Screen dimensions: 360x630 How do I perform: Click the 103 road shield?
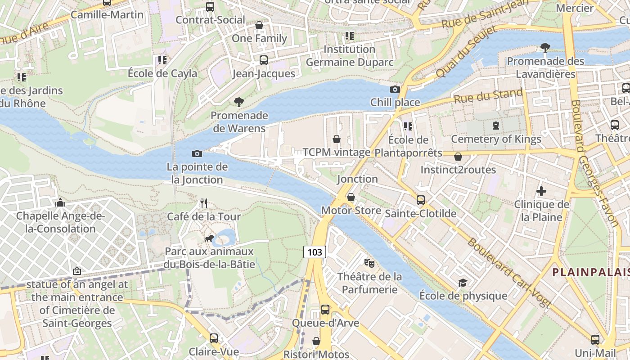click(315, 252)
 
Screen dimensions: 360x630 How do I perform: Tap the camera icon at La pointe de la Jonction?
click(197, 154)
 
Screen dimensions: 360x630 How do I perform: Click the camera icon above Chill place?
click(395, 89)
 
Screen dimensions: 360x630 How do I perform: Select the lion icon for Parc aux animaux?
click(209, 238)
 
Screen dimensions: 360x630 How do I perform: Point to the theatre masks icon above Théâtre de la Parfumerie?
click(369, 262)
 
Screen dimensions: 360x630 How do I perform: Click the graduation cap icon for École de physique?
click(463, 283)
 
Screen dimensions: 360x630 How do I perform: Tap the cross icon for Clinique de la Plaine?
click(541, 191)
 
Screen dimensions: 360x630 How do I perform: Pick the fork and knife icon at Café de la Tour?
click(204, 203)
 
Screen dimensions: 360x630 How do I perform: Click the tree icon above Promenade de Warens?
click(238, 102)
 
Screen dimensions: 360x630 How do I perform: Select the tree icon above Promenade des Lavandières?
click(545, 47)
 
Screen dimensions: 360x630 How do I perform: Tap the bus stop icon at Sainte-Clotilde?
click(420, 200)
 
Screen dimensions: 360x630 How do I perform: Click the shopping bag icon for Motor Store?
click(351, 197)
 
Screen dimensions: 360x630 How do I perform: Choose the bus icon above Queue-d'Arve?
click(325, 310)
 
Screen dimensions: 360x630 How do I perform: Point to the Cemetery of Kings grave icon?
click(495, 126)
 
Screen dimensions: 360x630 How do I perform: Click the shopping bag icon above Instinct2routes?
click(458, 157)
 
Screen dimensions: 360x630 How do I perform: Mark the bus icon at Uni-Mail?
click(595, 339)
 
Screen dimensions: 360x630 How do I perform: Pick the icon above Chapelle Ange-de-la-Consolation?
click(60, 203)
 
